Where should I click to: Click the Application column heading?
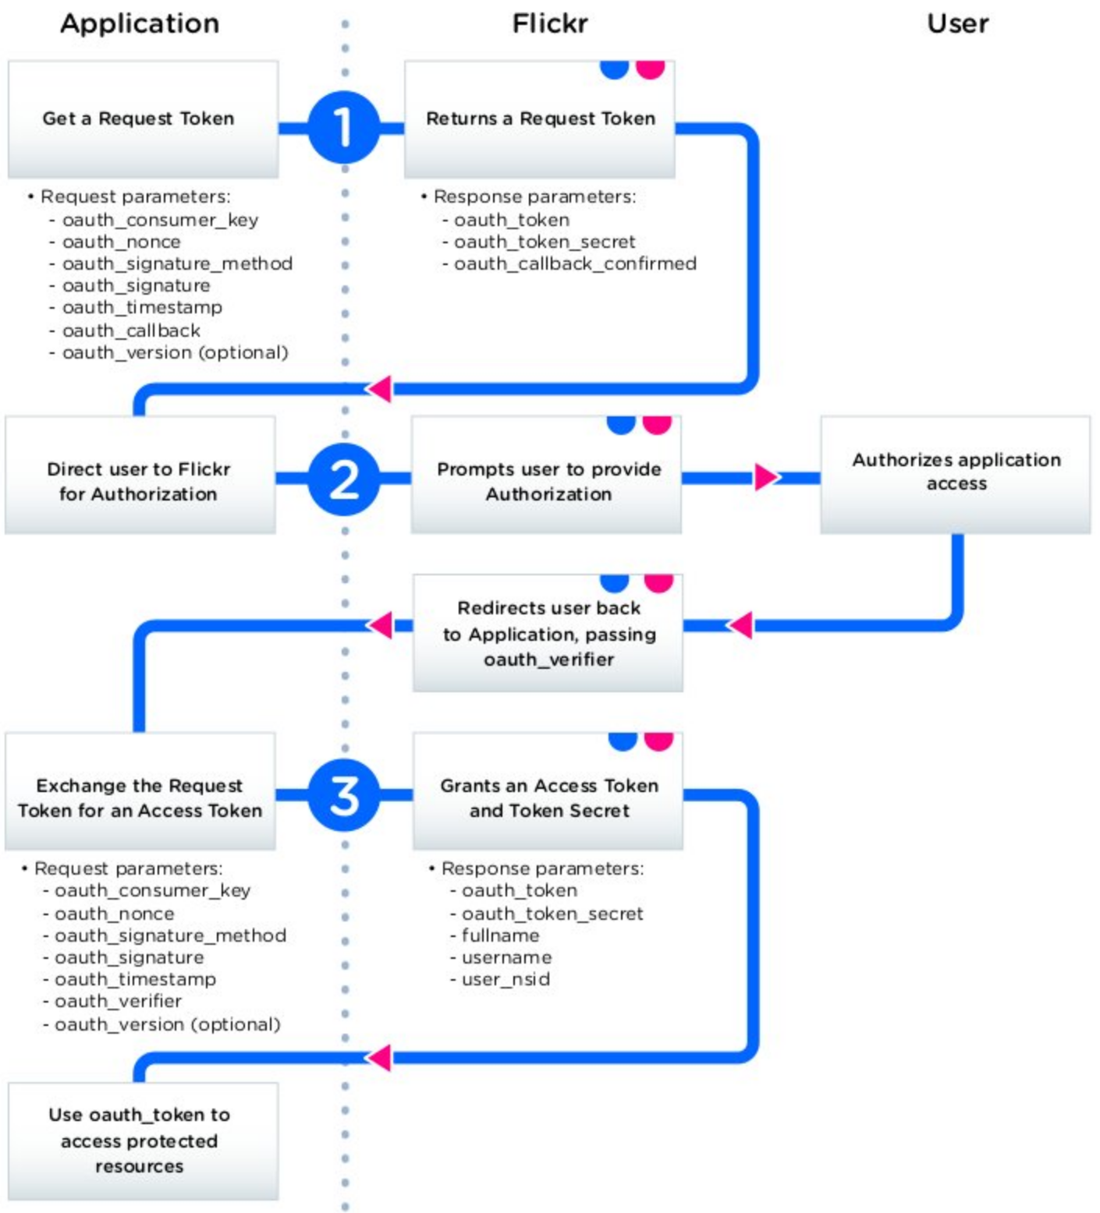[x=140, y=23]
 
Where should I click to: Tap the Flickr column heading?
[x=549, y=23]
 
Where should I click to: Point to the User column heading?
[x=957, y=23]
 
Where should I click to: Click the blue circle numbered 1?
[x=343, y=127]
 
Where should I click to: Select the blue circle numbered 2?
[x=343, y=479]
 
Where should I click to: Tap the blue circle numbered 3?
[x=343, y=795]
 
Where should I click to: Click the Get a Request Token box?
[x=143, y=119]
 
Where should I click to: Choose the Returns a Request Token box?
[x=539, y=119]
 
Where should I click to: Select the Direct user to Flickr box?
[x=140, y=476]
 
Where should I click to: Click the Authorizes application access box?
[x=956, y=474]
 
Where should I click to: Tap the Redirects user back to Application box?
[x=548, y=633]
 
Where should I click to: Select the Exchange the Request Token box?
[x=140, y=792]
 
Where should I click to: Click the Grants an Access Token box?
[x=548, y=792]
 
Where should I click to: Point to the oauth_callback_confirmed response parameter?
[x=575, y=264]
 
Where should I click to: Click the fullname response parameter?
[x=500, y=935]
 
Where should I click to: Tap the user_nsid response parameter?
[x=506, y=979]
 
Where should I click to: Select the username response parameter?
[x=506, y=957]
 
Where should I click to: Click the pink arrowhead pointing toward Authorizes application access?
[x=765, y=477]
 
